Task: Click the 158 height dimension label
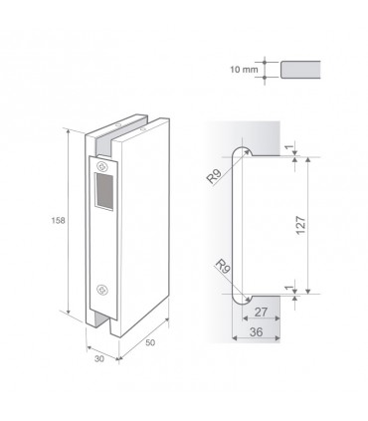coord(58,220)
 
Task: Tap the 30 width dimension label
coord(99,358)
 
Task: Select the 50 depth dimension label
coord(150,342)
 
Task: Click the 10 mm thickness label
coord(244,70)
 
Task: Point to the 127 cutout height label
coord(300,225)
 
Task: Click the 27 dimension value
coord(261,312)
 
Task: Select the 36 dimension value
coord(256,331)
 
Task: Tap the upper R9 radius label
coord(214,176)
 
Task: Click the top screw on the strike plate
coord(101,166)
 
